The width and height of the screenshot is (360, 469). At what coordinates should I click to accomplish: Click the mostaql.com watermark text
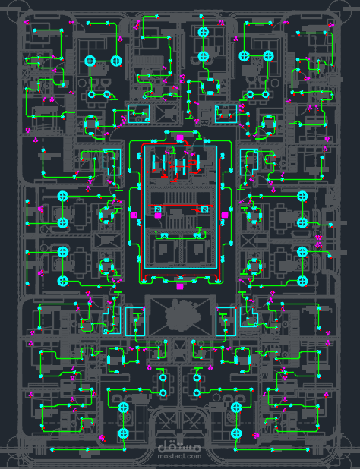[179, 456]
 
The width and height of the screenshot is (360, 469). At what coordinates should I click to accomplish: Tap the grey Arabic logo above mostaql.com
[179, 448]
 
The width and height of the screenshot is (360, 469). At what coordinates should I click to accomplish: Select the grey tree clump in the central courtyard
[179, 316]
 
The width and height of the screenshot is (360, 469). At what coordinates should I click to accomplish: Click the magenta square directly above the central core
[179, 138]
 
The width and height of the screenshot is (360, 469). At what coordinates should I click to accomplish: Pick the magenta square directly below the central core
[179, 287]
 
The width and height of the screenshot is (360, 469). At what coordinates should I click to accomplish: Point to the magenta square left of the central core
[134, 215]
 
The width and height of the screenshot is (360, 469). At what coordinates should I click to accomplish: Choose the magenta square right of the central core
[225, 215]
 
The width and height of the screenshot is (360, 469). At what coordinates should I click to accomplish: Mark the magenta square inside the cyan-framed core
[158, 215]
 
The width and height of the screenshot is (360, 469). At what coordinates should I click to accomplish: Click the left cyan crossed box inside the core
[158, 209]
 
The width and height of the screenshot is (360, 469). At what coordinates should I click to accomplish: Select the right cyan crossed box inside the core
[204, 209]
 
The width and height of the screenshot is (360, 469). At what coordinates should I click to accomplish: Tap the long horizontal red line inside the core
[180, 206]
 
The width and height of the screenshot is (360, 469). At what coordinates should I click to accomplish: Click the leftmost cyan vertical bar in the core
[154, 163]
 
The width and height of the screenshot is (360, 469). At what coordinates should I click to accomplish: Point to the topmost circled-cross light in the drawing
[204, 32]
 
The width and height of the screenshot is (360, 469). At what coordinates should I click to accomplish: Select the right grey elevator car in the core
[196, 249]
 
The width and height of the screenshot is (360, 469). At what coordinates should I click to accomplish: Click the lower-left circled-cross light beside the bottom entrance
[123, 433]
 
